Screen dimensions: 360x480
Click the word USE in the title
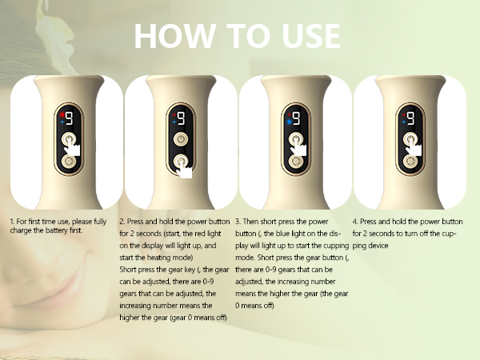pos(307,36)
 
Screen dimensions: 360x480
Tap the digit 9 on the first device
pos(69,120)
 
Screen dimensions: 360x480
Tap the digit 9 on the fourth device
pos(411,120)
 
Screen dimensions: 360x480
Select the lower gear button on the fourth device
pos(410,162)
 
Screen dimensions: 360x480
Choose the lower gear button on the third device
pos(297,162)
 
